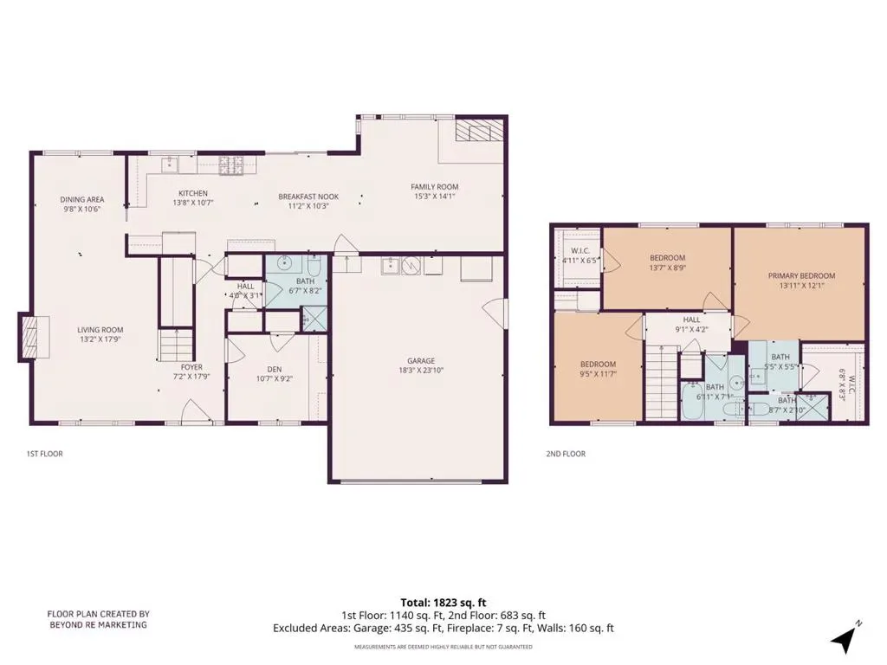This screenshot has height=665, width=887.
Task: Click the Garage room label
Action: pyautogui.click(x=421, y=361)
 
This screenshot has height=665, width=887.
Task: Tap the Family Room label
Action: pyautogui.click(x=435, y=187)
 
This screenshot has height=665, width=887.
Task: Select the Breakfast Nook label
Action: pyautogui.click(x=308, y=197)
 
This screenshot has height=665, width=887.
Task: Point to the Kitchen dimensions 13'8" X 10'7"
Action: pyautogui.click(x=193, y=203)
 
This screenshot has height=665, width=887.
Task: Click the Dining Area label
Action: pyautogui.click(x=82, y=200)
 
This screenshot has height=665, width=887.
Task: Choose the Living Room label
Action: pyautogui.click(x=100, y=330)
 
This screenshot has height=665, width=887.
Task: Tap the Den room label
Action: pyautogui.click(x=275, y=369)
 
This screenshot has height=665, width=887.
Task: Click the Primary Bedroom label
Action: pyautogui.click(x=801, y=276)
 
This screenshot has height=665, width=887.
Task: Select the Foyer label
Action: pyautogui.click(x=191, y=367)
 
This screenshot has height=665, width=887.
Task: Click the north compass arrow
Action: pyautogui.click(x=844, y=638)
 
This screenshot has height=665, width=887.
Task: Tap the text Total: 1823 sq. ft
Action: pyautogui.click(x=443, y=603)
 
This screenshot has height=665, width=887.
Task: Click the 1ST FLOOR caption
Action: pyautogui.click(x=45, y=454)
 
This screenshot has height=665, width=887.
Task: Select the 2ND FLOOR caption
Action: pyautogui.click(x=566, y=454)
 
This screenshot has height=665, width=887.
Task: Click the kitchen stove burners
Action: pyautogui.click(x=230, y=165)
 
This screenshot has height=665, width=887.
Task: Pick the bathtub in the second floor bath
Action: pyautogui.click(x=692, y=402)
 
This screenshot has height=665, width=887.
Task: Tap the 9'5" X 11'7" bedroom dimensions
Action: pyautogui.click(x=598, y=374)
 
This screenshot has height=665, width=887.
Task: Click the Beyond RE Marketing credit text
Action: pyautogui.click(x=99, y=619)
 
